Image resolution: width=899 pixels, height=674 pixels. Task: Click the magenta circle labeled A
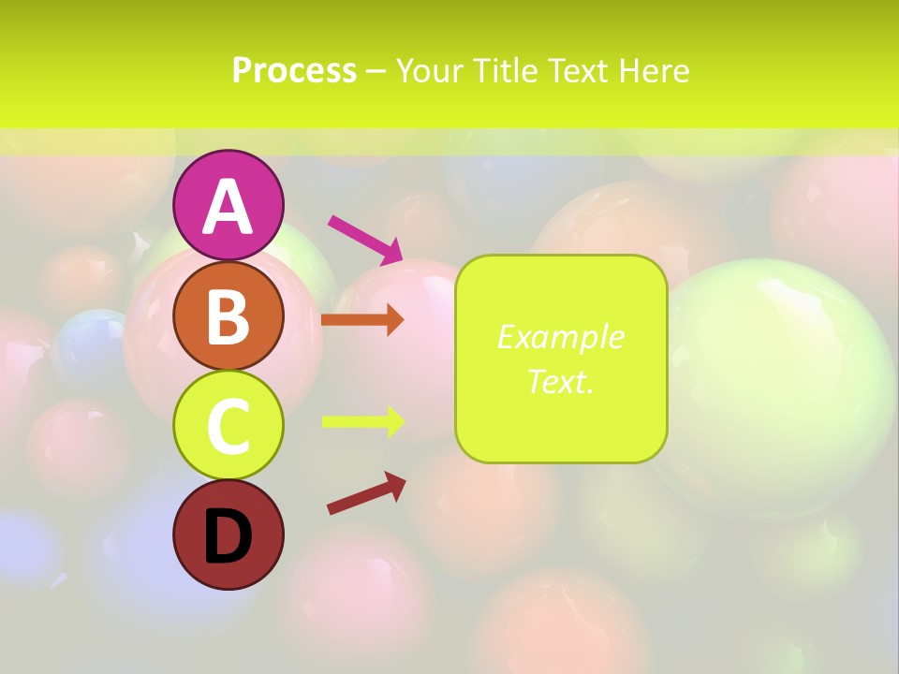[x=228, y=205]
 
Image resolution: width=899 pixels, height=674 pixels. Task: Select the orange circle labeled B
[x=228, y=315]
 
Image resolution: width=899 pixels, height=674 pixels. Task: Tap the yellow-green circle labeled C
[x=228, y=426]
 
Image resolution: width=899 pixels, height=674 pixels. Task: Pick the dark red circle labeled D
[x=228, y=535]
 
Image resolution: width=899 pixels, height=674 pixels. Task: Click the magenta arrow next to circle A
[x=365, y=240]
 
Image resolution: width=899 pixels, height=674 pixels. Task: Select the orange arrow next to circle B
[x=362, y=320]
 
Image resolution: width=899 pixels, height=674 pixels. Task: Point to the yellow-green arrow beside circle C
[x=362, y=421]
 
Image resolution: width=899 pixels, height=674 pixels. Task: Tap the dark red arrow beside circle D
[x=366, y=493]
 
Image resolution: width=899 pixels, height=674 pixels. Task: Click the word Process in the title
[x=294, y=70]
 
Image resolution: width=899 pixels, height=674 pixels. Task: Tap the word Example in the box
[x=560, y=337]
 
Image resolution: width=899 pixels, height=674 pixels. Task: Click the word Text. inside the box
[x=560, y=381]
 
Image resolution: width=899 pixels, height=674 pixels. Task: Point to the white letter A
[x=228, y=207]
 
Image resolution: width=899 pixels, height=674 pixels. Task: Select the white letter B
[x=228, y=316]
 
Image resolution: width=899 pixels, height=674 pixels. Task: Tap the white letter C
[x=228, y=427]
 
